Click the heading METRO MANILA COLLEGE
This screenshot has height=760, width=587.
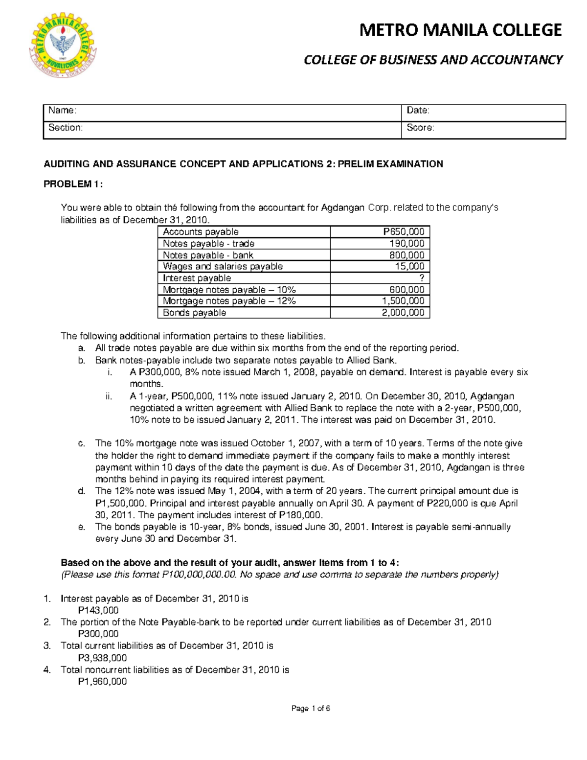pyautogui.click(x=460, y=30)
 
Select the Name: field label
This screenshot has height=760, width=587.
pyautogui.click(x=62, y=111)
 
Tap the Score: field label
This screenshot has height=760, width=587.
pyautogui.click(x=420, y=128)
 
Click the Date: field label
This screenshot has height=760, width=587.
pyautogui.click(x=418, y=111)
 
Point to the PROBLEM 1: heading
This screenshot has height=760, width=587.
pyautogui.click(x=73, y=184)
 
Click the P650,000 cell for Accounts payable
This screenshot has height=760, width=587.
pyautogui.click(x=404, y=232)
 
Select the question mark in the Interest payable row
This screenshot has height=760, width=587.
pyautogui.click(x=422, y=278)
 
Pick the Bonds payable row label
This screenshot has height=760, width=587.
pyautogui.click(x=194, y=313)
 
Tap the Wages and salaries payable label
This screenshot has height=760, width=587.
pyautogui.click(x=223, y=267)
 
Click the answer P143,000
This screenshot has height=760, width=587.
pyautogui.click(x=98, y=610)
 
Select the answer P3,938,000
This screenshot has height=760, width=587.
pyautogui.click(x=102, y=658)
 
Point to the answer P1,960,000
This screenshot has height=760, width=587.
pyautogui.click(x=102, y=682)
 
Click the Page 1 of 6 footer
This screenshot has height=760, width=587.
pyautogui.click(x=311, y=708)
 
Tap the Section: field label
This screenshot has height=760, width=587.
pyautogui.click(x=66, y=128)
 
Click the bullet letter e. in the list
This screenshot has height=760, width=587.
pyautogui.click(x=82, y=527)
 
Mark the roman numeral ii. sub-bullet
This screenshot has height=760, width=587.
pyautogui.click(x=109, y=396)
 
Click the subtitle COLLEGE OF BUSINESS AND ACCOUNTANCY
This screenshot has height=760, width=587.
pyautogui.click(x=433, y=60)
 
